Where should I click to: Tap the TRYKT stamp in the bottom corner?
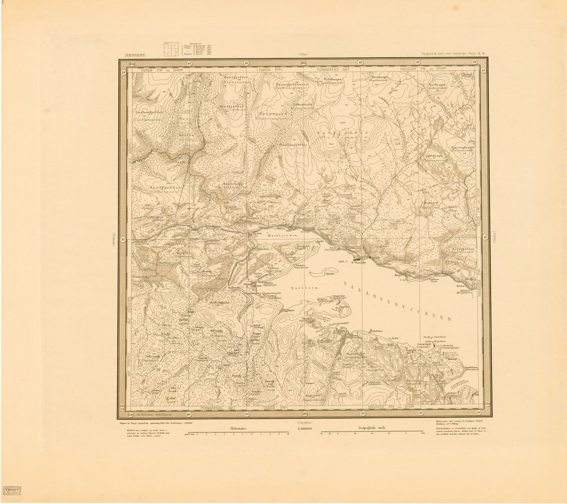(13, 491)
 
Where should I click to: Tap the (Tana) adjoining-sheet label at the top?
(304, 55)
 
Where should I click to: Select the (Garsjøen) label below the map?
(304, 422)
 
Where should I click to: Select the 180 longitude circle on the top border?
(304, 63)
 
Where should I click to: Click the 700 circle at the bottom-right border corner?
(488, 404)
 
